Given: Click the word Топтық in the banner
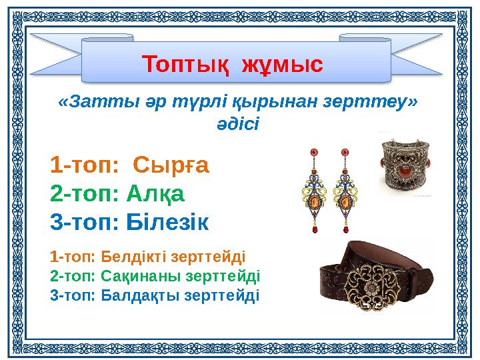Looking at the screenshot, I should click(181, 65).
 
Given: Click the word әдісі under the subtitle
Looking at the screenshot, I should click(238, 124).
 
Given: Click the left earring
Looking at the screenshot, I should click(314, 191).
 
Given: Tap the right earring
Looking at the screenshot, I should click(345, 191).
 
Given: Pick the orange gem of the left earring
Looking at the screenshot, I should click(314, 201).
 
